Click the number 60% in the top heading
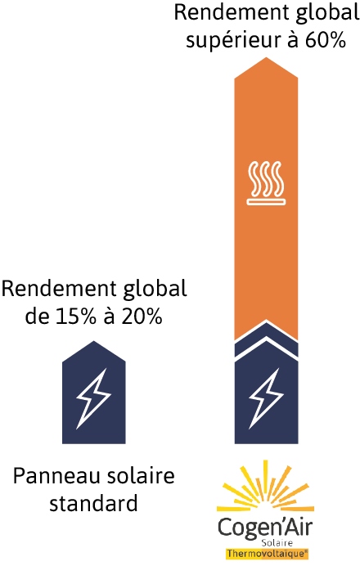pyautogui.click(x=325, y=39)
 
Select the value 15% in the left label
pyautogui.click(x=76, y=316)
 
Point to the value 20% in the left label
pyautogui.click(x=142, y=316)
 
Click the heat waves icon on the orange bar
pyautogui.click(x=266, y=183)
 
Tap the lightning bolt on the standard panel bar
pyautogui.click(x=93, y=398)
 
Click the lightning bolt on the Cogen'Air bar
pyautogui.click(x=266, y=398)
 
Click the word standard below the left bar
pyautogui.click(x=93, y=503)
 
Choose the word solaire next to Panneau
pyautogui.click(x=141, y=476)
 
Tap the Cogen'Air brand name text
pyautogui.click(x=265, y=528)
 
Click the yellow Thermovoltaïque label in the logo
pyautogui.click(x=267, y=554)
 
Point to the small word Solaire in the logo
pyautogui.click(x=277, y=543)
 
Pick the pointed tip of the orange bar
pyautogui.click(x=266, y=57)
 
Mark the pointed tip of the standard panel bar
pyautogui.click(x=94, y=341)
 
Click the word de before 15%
pyautogui.click(x=37, y=316)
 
